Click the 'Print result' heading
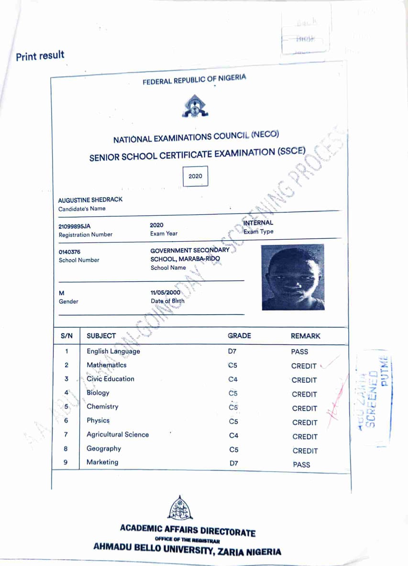point(40,56)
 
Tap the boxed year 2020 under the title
point(195,176)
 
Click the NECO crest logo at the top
point(195,106)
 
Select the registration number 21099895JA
point(74,226)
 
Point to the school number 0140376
point(69,252)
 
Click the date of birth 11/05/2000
point(165,292)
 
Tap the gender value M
point(61,293)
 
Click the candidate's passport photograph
point(293,277)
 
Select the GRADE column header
point(239,336)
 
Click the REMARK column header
point(305,336)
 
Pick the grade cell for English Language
point(232,352)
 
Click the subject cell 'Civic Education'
point(110,379)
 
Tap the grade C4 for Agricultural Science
point(233,435)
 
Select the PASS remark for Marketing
point(301,464)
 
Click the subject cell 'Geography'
point(104,448)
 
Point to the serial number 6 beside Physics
point(66,421)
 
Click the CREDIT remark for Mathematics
point(304,366)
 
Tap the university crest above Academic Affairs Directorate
point(180,508)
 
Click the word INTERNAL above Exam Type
point(258,222)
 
